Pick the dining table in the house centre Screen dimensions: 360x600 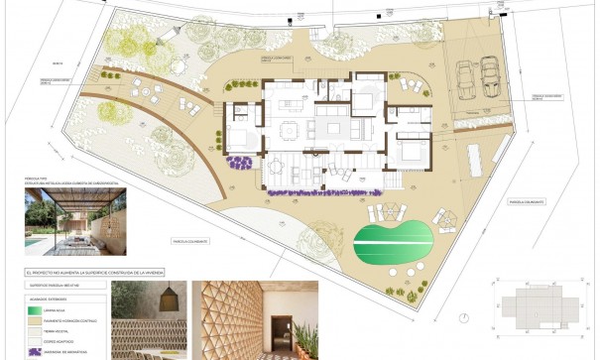click(289, 129)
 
